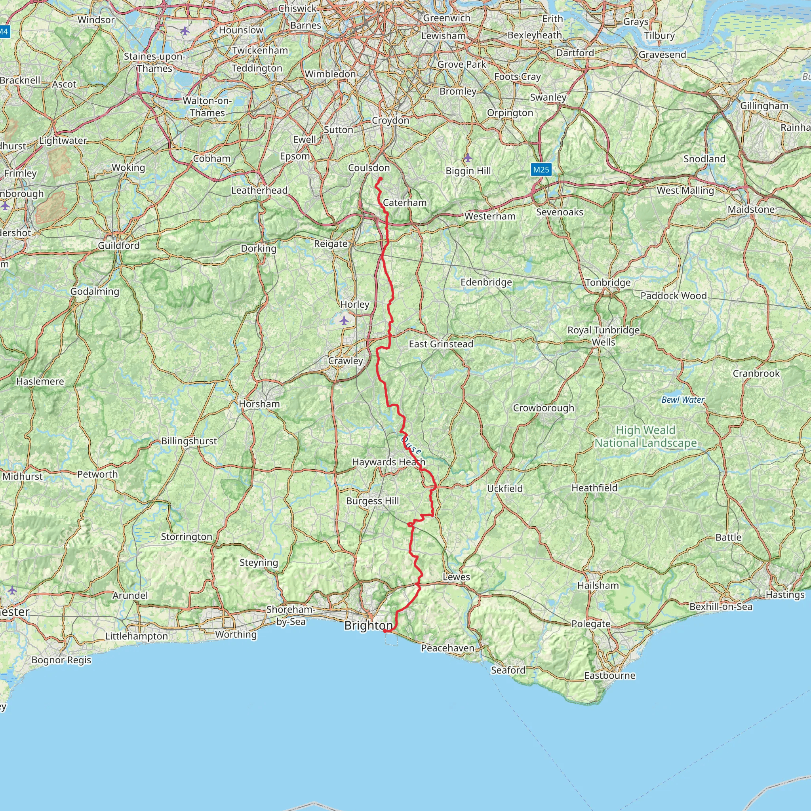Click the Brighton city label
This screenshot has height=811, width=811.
[368, 625]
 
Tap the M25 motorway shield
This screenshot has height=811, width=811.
[541, 169]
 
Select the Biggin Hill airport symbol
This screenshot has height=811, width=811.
[468, 158]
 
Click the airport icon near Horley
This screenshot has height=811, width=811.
[344, 321]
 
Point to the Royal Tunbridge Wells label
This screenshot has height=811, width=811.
[603, 336]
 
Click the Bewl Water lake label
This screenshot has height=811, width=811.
[683, 400]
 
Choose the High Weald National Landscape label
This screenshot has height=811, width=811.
[645, 436]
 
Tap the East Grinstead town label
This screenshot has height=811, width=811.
[441, 344]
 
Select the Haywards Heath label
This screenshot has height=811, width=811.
[388, 462]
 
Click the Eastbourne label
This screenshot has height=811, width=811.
[609, 676]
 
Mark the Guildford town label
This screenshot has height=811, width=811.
[119, 246]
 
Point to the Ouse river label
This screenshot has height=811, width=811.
[411, 445]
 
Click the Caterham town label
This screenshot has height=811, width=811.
[405, 203]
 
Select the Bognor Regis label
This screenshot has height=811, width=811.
[61, 660]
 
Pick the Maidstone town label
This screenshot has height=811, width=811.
[751, 209]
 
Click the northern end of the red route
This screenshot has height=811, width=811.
[381, 179]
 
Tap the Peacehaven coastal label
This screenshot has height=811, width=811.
[447, 648]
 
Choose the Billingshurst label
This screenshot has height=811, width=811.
[189, 441]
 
